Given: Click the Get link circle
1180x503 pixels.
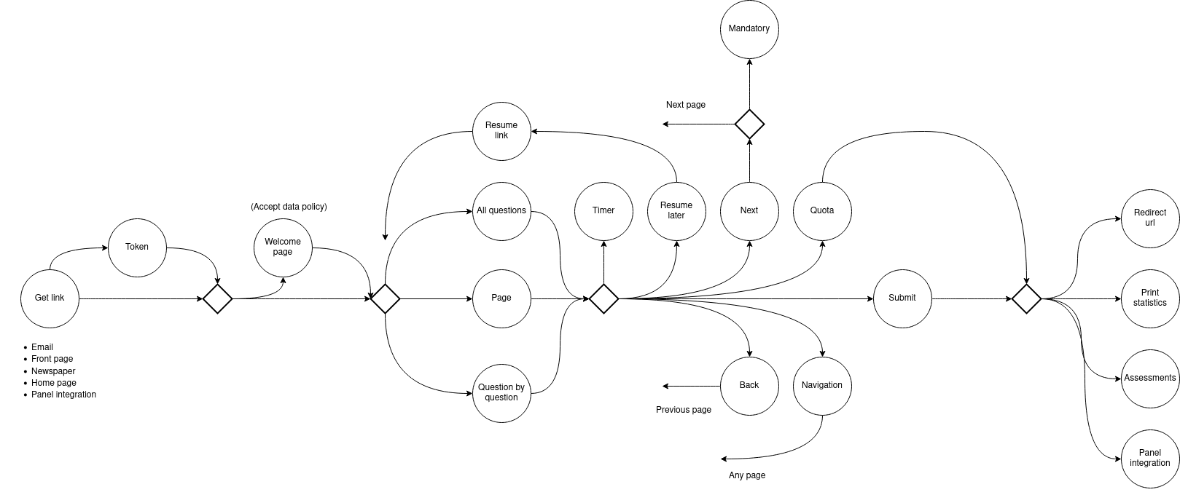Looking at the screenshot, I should [50, 298].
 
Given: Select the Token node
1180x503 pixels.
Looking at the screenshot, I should [137, 247].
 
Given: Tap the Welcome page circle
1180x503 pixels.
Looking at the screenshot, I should [283, 247].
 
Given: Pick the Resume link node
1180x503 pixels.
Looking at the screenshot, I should [501, 130].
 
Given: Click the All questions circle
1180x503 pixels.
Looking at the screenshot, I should [501, 210].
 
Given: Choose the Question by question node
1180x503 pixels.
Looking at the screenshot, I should [501, 392].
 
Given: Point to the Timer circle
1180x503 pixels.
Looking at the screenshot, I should [603, 210].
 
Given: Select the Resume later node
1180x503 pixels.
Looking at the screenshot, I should [676, 210].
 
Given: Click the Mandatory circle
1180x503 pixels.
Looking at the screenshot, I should [749, 28].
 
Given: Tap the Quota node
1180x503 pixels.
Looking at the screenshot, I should [822, 210].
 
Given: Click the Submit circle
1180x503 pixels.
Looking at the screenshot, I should [902, 298].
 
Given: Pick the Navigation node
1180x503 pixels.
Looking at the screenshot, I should [822, 385].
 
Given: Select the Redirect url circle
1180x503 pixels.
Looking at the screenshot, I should [1150, 218].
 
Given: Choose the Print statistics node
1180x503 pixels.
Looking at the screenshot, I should [1150, 298].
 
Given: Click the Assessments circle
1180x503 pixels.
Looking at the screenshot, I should [1150, 378].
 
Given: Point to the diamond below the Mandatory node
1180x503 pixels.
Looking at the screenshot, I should [749, 124].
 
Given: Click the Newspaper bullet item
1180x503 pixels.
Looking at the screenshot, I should [53, 371].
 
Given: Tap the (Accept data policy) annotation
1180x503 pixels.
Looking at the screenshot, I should [289, 207].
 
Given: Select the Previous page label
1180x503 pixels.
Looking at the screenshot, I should [684, 410].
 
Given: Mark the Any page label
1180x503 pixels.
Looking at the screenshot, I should [747, 475].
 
